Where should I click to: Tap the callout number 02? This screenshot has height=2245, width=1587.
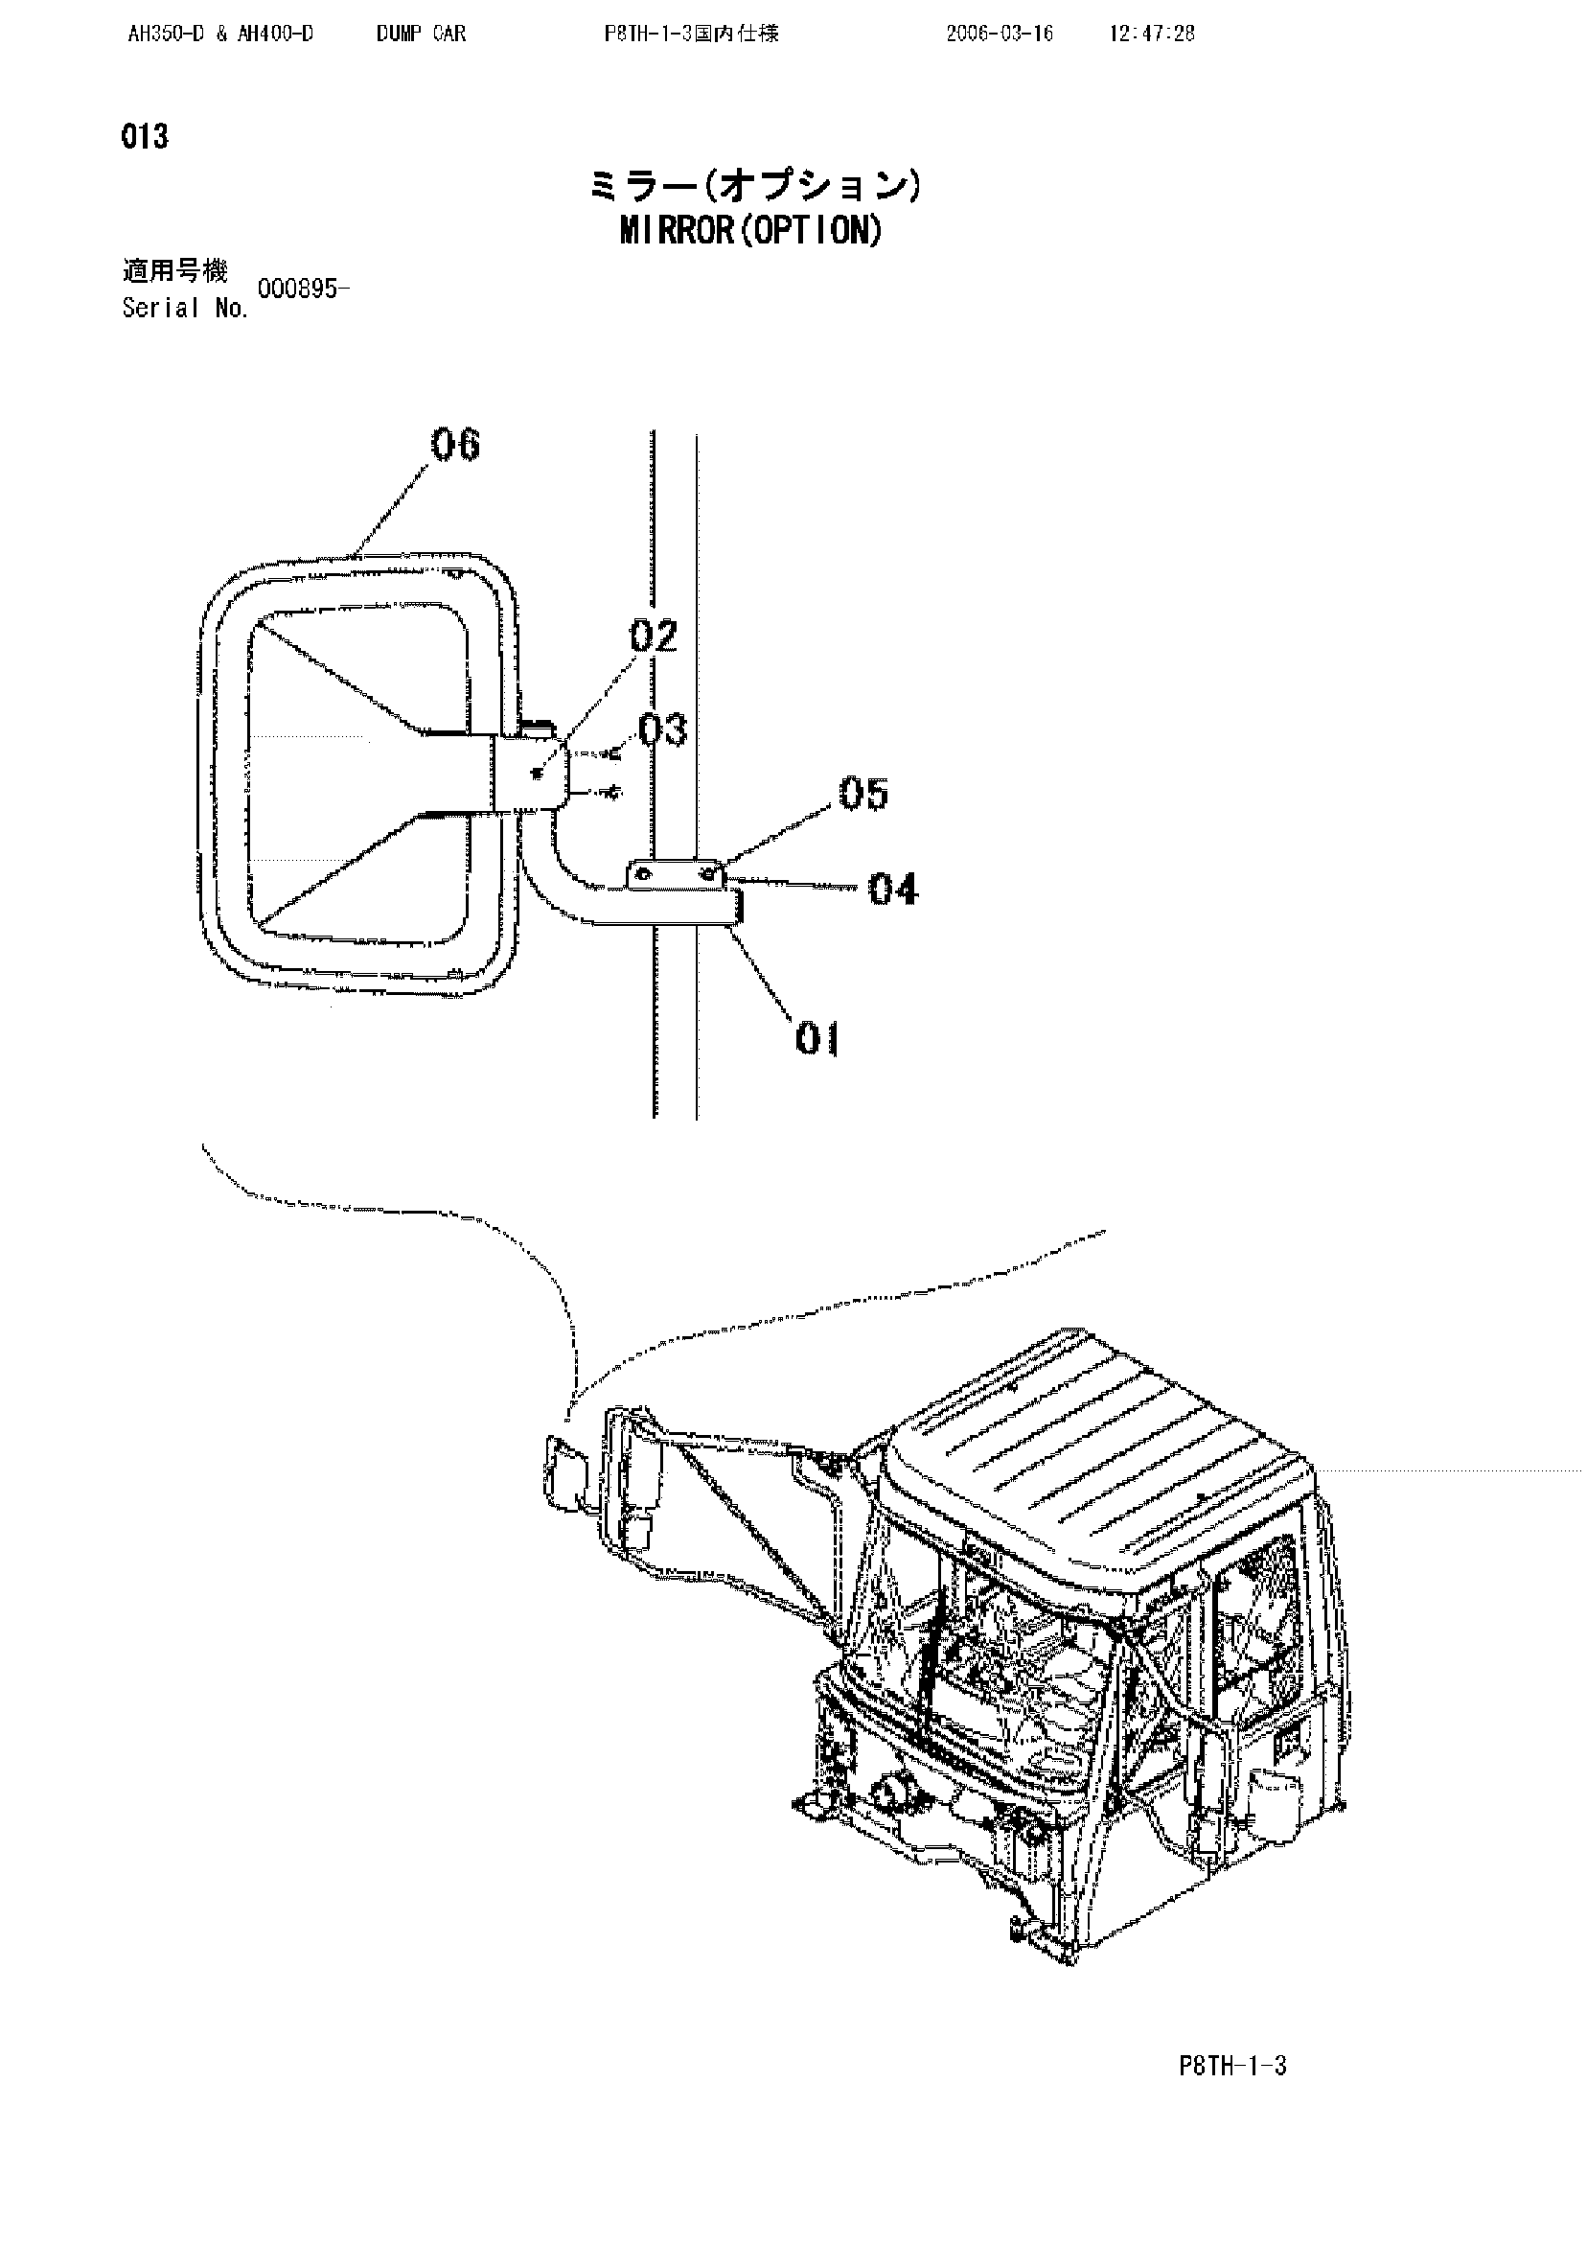[x=654, y=636]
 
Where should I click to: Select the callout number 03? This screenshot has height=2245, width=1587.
[x=663, y=729]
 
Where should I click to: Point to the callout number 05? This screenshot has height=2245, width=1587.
[x=863, y=794]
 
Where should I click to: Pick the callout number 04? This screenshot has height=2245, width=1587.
[x=894, y=890]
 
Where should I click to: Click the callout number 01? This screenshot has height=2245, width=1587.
[x=817, y=1038]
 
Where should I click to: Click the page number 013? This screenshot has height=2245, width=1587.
[x=145, y=137]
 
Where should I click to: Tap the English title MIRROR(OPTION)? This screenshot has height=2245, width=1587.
[x=751, y=231]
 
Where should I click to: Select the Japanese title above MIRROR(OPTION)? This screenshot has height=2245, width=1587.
[x=753, y=186]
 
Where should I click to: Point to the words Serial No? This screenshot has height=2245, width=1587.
[x=185, y=309]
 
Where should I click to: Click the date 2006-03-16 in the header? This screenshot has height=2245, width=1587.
[x=1000, y=35]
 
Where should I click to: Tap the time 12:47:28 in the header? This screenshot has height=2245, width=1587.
[x=1152, y=35]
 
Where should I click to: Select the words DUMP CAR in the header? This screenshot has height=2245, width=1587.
[x=422, y=35]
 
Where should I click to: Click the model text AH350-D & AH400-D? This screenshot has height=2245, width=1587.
[x=221, y=35]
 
